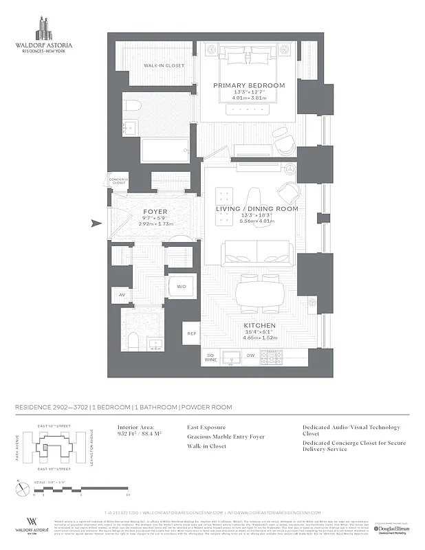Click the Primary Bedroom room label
click(248, 85)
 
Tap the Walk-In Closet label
click(164, 65)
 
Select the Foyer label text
click(155, 212)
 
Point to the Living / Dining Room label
click(248, 208)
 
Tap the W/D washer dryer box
click(182, 286)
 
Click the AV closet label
click(122, 295)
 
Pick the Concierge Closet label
click(119, 181)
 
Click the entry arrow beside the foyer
click(97, 223)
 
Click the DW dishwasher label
click(251, 355)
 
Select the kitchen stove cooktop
click(275, 357)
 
